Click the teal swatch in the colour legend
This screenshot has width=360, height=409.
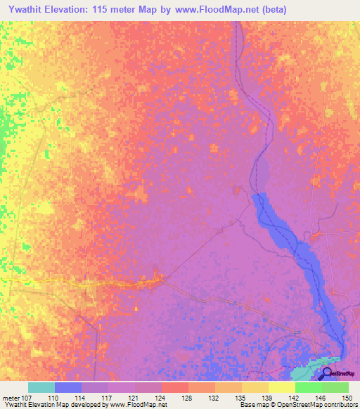point(41,387)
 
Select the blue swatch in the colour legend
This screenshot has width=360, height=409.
point(68,387)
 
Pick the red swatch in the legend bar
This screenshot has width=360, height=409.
point(175,387)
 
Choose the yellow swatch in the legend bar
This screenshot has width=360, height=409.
point(282,387)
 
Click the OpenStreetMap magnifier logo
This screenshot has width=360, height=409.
point(326,372)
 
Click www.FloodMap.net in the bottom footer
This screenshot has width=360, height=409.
point(139,405)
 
